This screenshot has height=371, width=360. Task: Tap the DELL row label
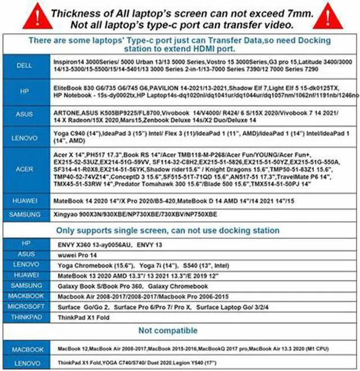click(24, 66)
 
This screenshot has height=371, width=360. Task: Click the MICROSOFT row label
click(24, 307)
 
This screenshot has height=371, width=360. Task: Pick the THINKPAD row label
click(24, 318)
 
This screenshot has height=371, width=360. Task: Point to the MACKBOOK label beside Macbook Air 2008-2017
click(24, 297)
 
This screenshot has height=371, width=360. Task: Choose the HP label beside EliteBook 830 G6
click(24, 92)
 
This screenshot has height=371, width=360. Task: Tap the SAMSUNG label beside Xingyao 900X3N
click(24, 214)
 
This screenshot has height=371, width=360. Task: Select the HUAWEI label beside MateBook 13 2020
click(24, 276)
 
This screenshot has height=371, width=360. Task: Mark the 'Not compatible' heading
click(168, 330)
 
